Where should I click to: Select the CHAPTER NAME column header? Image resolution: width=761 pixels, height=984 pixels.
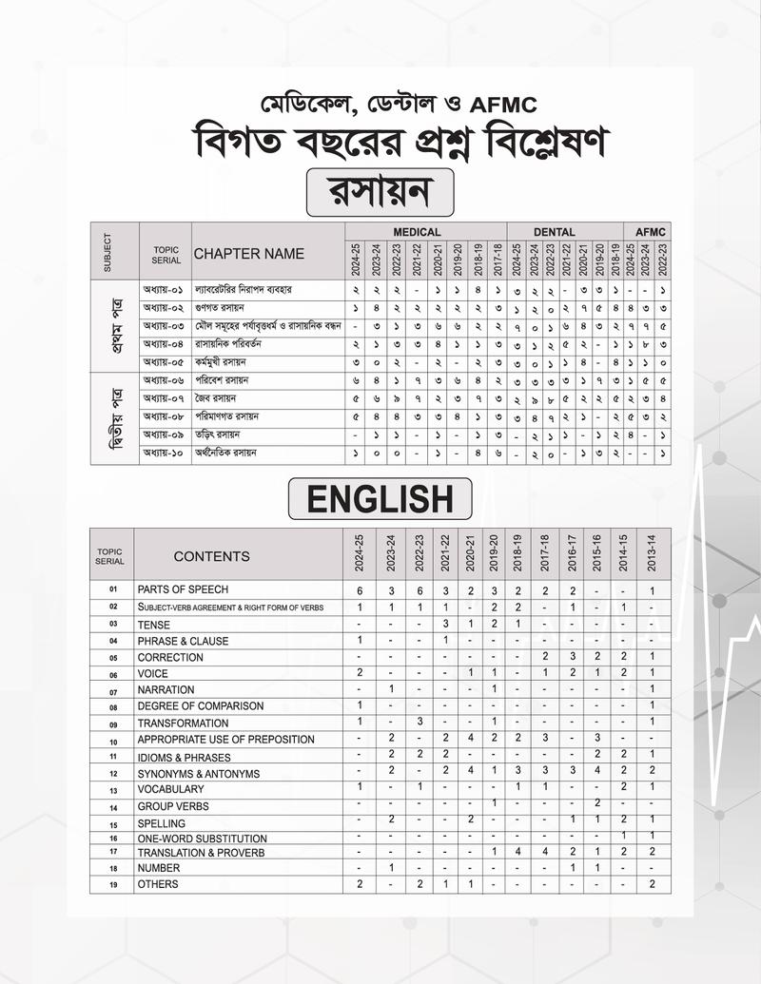coord(249,254)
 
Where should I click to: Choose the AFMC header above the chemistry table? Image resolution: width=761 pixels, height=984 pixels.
coord(652,232)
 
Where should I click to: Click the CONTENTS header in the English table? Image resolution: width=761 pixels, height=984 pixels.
coord(211,556)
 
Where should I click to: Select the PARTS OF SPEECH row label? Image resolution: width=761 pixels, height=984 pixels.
coord(183,590)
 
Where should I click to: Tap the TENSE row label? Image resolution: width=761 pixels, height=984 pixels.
coord(154,625)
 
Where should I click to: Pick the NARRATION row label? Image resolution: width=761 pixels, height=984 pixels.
coord(166,689)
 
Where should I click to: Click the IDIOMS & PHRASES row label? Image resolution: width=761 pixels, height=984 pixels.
coord(184,757)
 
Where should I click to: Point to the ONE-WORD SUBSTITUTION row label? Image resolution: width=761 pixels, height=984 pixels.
coord(202,839)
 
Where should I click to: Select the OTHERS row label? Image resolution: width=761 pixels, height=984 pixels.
coord(158,884)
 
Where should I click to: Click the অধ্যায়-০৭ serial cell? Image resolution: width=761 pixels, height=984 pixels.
coord(162,397)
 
